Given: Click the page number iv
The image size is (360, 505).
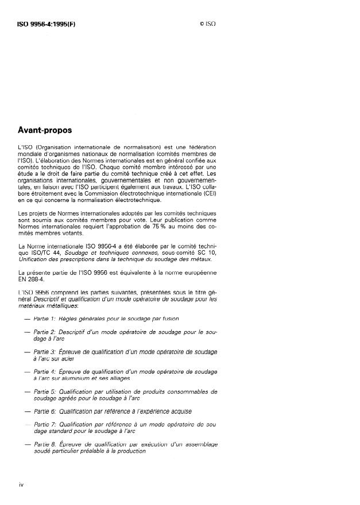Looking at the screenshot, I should coord(21,485).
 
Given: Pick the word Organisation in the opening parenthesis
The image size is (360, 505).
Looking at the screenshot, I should coord(56,147).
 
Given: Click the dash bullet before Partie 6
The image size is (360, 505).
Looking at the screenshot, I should coord(25,411).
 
